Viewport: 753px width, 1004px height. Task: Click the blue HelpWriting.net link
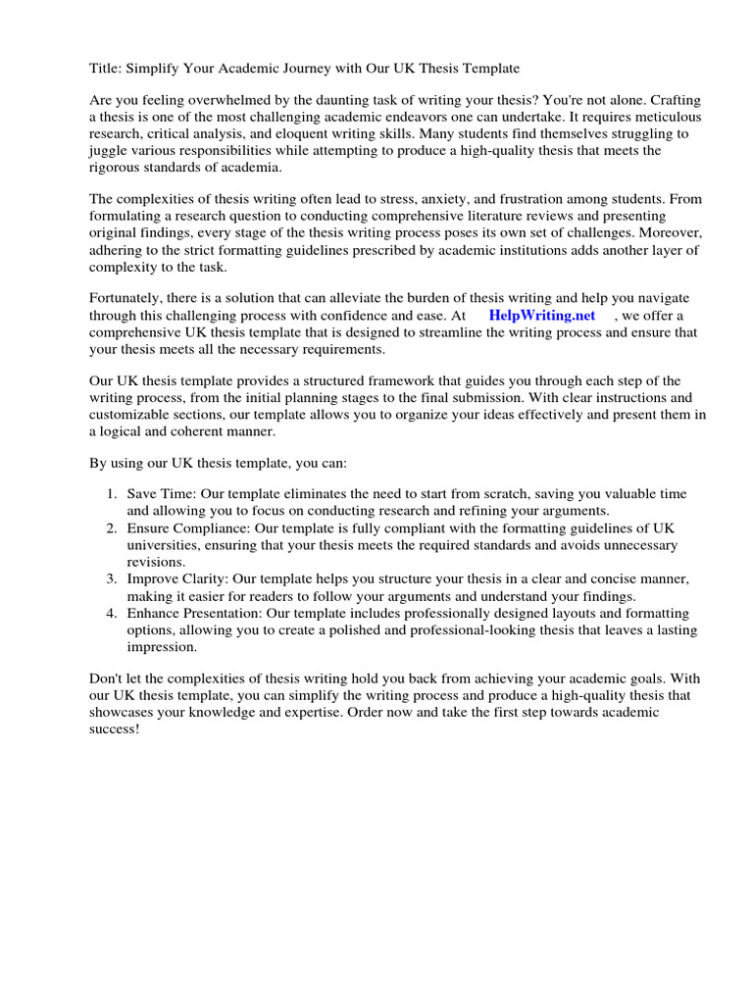click(541, 315)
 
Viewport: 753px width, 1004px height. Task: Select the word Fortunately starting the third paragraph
click(127, 299)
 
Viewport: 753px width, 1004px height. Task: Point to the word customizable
click(128, 415)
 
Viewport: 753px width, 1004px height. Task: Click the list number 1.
click(112, 493)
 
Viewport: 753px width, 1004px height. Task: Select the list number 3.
click(112, 579)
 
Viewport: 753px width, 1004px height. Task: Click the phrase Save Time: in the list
click(160, 493)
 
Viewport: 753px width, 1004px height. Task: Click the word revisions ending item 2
click(155, 562)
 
